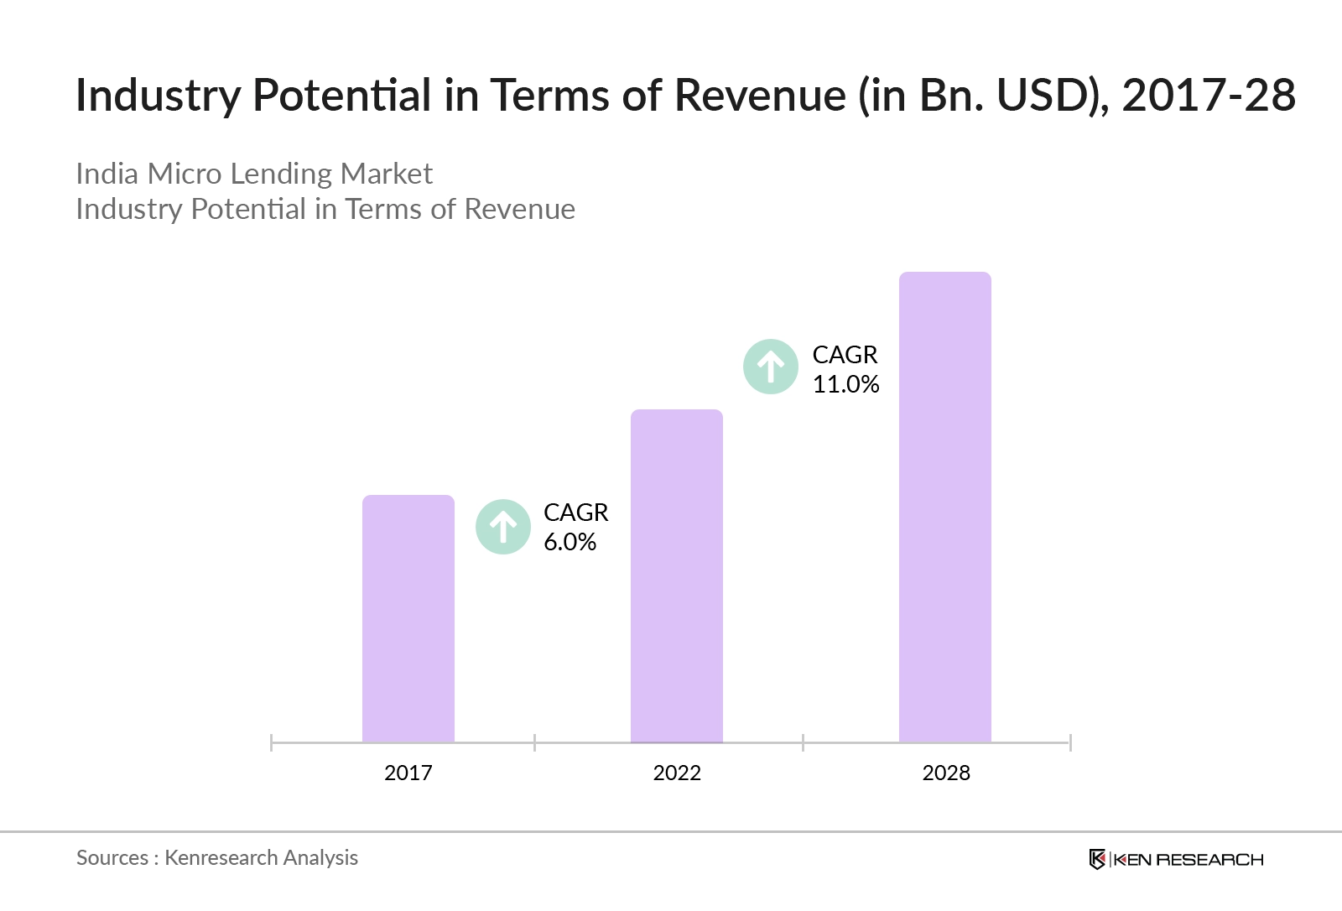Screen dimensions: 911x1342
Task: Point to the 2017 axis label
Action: point(408,773)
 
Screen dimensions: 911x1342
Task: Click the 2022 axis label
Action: point(677,773)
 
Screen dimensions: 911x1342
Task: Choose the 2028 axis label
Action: point(946,773)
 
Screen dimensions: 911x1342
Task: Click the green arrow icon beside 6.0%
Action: point(503,527)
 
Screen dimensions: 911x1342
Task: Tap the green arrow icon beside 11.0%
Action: point(771,367)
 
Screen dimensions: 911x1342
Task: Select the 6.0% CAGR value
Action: point(570,542)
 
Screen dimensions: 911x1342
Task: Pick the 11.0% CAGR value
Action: point(845,384)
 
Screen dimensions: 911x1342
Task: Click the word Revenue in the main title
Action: point(760,95)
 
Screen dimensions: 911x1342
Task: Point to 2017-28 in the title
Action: point(1209,95)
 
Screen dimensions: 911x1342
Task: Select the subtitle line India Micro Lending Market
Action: point(254,174)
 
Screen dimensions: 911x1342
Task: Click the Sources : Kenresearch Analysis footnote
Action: point(217,857)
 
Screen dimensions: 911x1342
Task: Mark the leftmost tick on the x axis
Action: point(272,742)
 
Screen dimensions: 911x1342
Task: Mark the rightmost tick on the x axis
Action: point(1070,742)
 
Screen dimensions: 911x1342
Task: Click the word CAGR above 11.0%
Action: point(845,355)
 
